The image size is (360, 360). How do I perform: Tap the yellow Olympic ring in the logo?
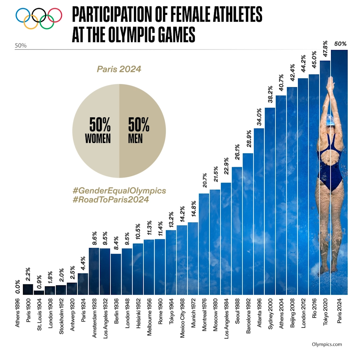[x=31, y=22]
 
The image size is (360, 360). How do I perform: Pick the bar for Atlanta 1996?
[x=259, y=211]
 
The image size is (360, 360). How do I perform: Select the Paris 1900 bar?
[x=28, y=289]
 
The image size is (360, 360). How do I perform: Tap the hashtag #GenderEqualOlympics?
[x=119, y=191]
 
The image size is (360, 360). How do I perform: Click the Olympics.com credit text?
[x=327, y=345]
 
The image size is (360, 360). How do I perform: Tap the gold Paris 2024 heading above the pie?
[x=119, y=69]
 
